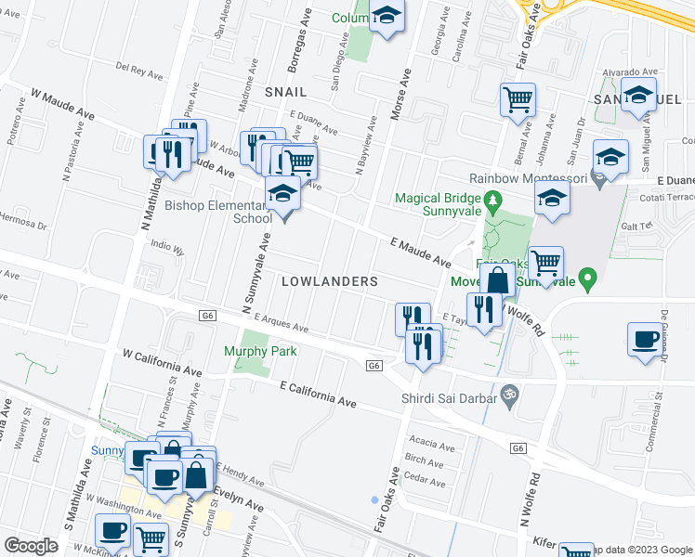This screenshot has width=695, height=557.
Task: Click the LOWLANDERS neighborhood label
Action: pyautogui.click(x=329, y=280)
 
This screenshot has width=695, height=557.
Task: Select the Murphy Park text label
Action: pyautogui.click(x=260, y=351)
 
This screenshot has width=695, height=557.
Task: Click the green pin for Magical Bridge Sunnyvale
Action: pyautogui.click(x=494, y=198)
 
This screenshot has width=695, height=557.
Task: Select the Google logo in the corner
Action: pyautogui.click(x=31, y=546)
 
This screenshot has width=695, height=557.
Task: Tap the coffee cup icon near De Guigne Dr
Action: pyautogui.click(x=644, y=339)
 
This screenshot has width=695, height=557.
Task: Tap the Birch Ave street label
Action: pyautogui.click(x=424, y=460)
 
